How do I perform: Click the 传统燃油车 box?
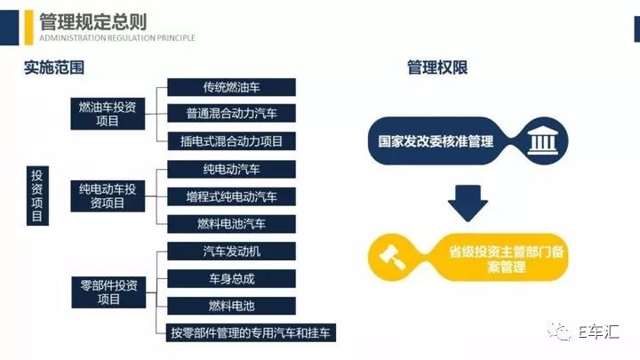point(231,87)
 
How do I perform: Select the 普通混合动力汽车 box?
point(231,114)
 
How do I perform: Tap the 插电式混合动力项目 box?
point(231,141)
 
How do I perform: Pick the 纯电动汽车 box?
point(231,170)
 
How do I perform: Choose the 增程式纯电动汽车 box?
point(231,196)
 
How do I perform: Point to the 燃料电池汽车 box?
point(231,224)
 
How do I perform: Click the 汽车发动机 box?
point(231,252)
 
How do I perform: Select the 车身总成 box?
point(231,279)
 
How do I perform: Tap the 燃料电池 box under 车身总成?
point(231,306)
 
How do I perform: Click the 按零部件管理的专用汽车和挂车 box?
point(251,333)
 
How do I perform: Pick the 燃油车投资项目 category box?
point(108,114)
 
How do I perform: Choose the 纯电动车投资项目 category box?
point(108,196)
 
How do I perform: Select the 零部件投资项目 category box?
point(108,292)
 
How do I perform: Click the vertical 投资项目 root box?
point(37,196)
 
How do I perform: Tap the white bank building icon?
point(542,140)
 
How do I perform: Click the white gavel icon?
point(393,257)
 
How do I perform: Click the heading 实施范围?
point(54,68)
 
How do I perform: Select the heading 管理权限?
point(437,68)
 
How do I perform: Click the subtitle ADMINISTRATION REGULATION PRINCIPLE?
point(117,38)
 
